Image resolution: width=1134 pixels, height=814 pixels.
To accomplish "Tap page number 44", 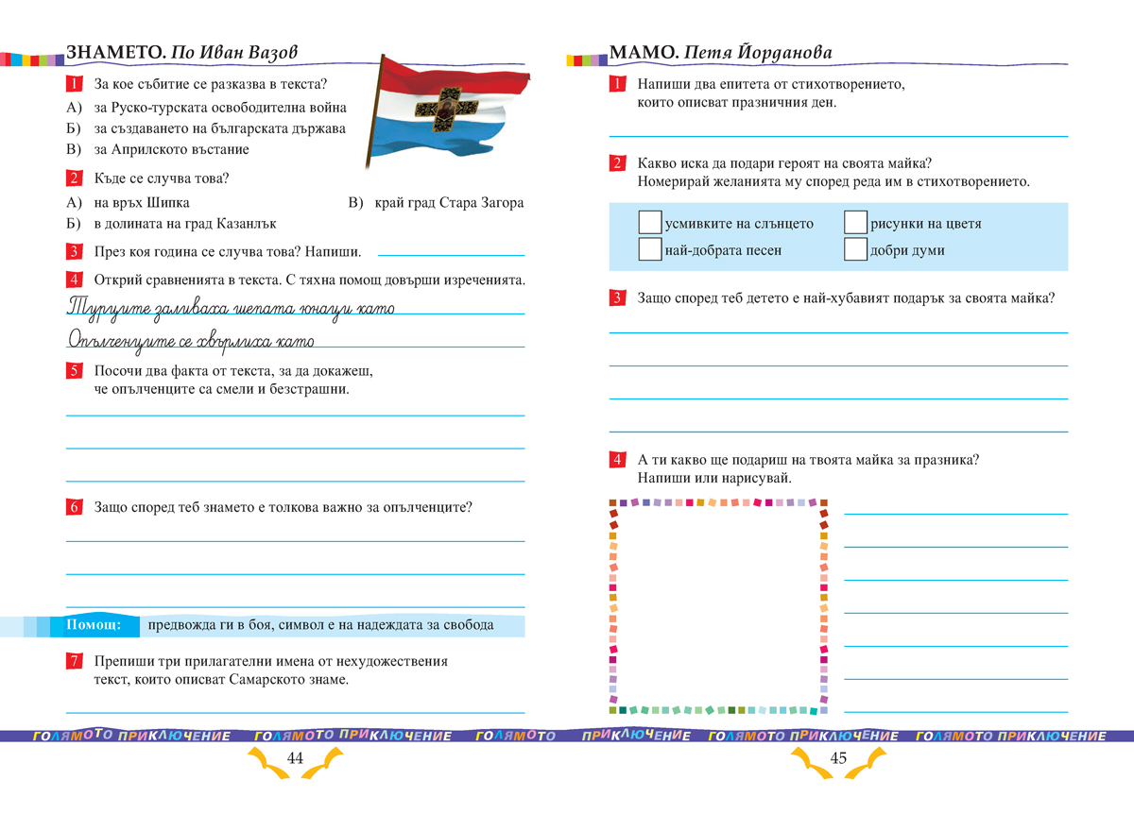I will [294, 758].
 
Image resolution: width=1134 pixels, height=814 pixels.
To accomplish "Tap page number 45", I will [838, 758].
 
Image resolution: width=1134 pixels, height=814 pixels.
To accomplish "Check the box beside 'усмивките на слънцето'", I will [650, 223].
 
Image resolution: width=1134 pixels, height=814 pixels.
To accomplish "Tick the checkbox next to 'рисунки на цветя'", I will [855, 223].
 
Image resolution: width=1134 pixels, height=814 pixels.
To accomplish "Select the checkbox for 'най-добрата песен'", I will [650, 249].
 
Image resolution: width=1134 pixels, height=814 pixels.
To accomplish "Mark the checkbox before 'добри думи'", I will [855, 249].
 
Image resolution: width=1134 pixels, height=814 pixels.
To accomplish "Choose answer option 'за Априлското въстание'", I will [171, 149].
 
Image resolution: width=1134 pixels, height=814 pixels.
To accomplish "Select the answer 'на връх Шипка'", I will [142, 202].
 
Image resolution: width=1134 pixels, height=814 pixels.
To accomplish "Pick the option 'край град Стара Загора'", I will [448, 202].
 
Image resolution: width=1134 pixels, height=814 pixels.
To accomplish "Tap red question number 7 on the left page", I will [74, 662].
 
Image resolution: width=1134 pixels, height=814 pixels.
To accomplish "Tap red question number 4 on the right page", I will [617, 460].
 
